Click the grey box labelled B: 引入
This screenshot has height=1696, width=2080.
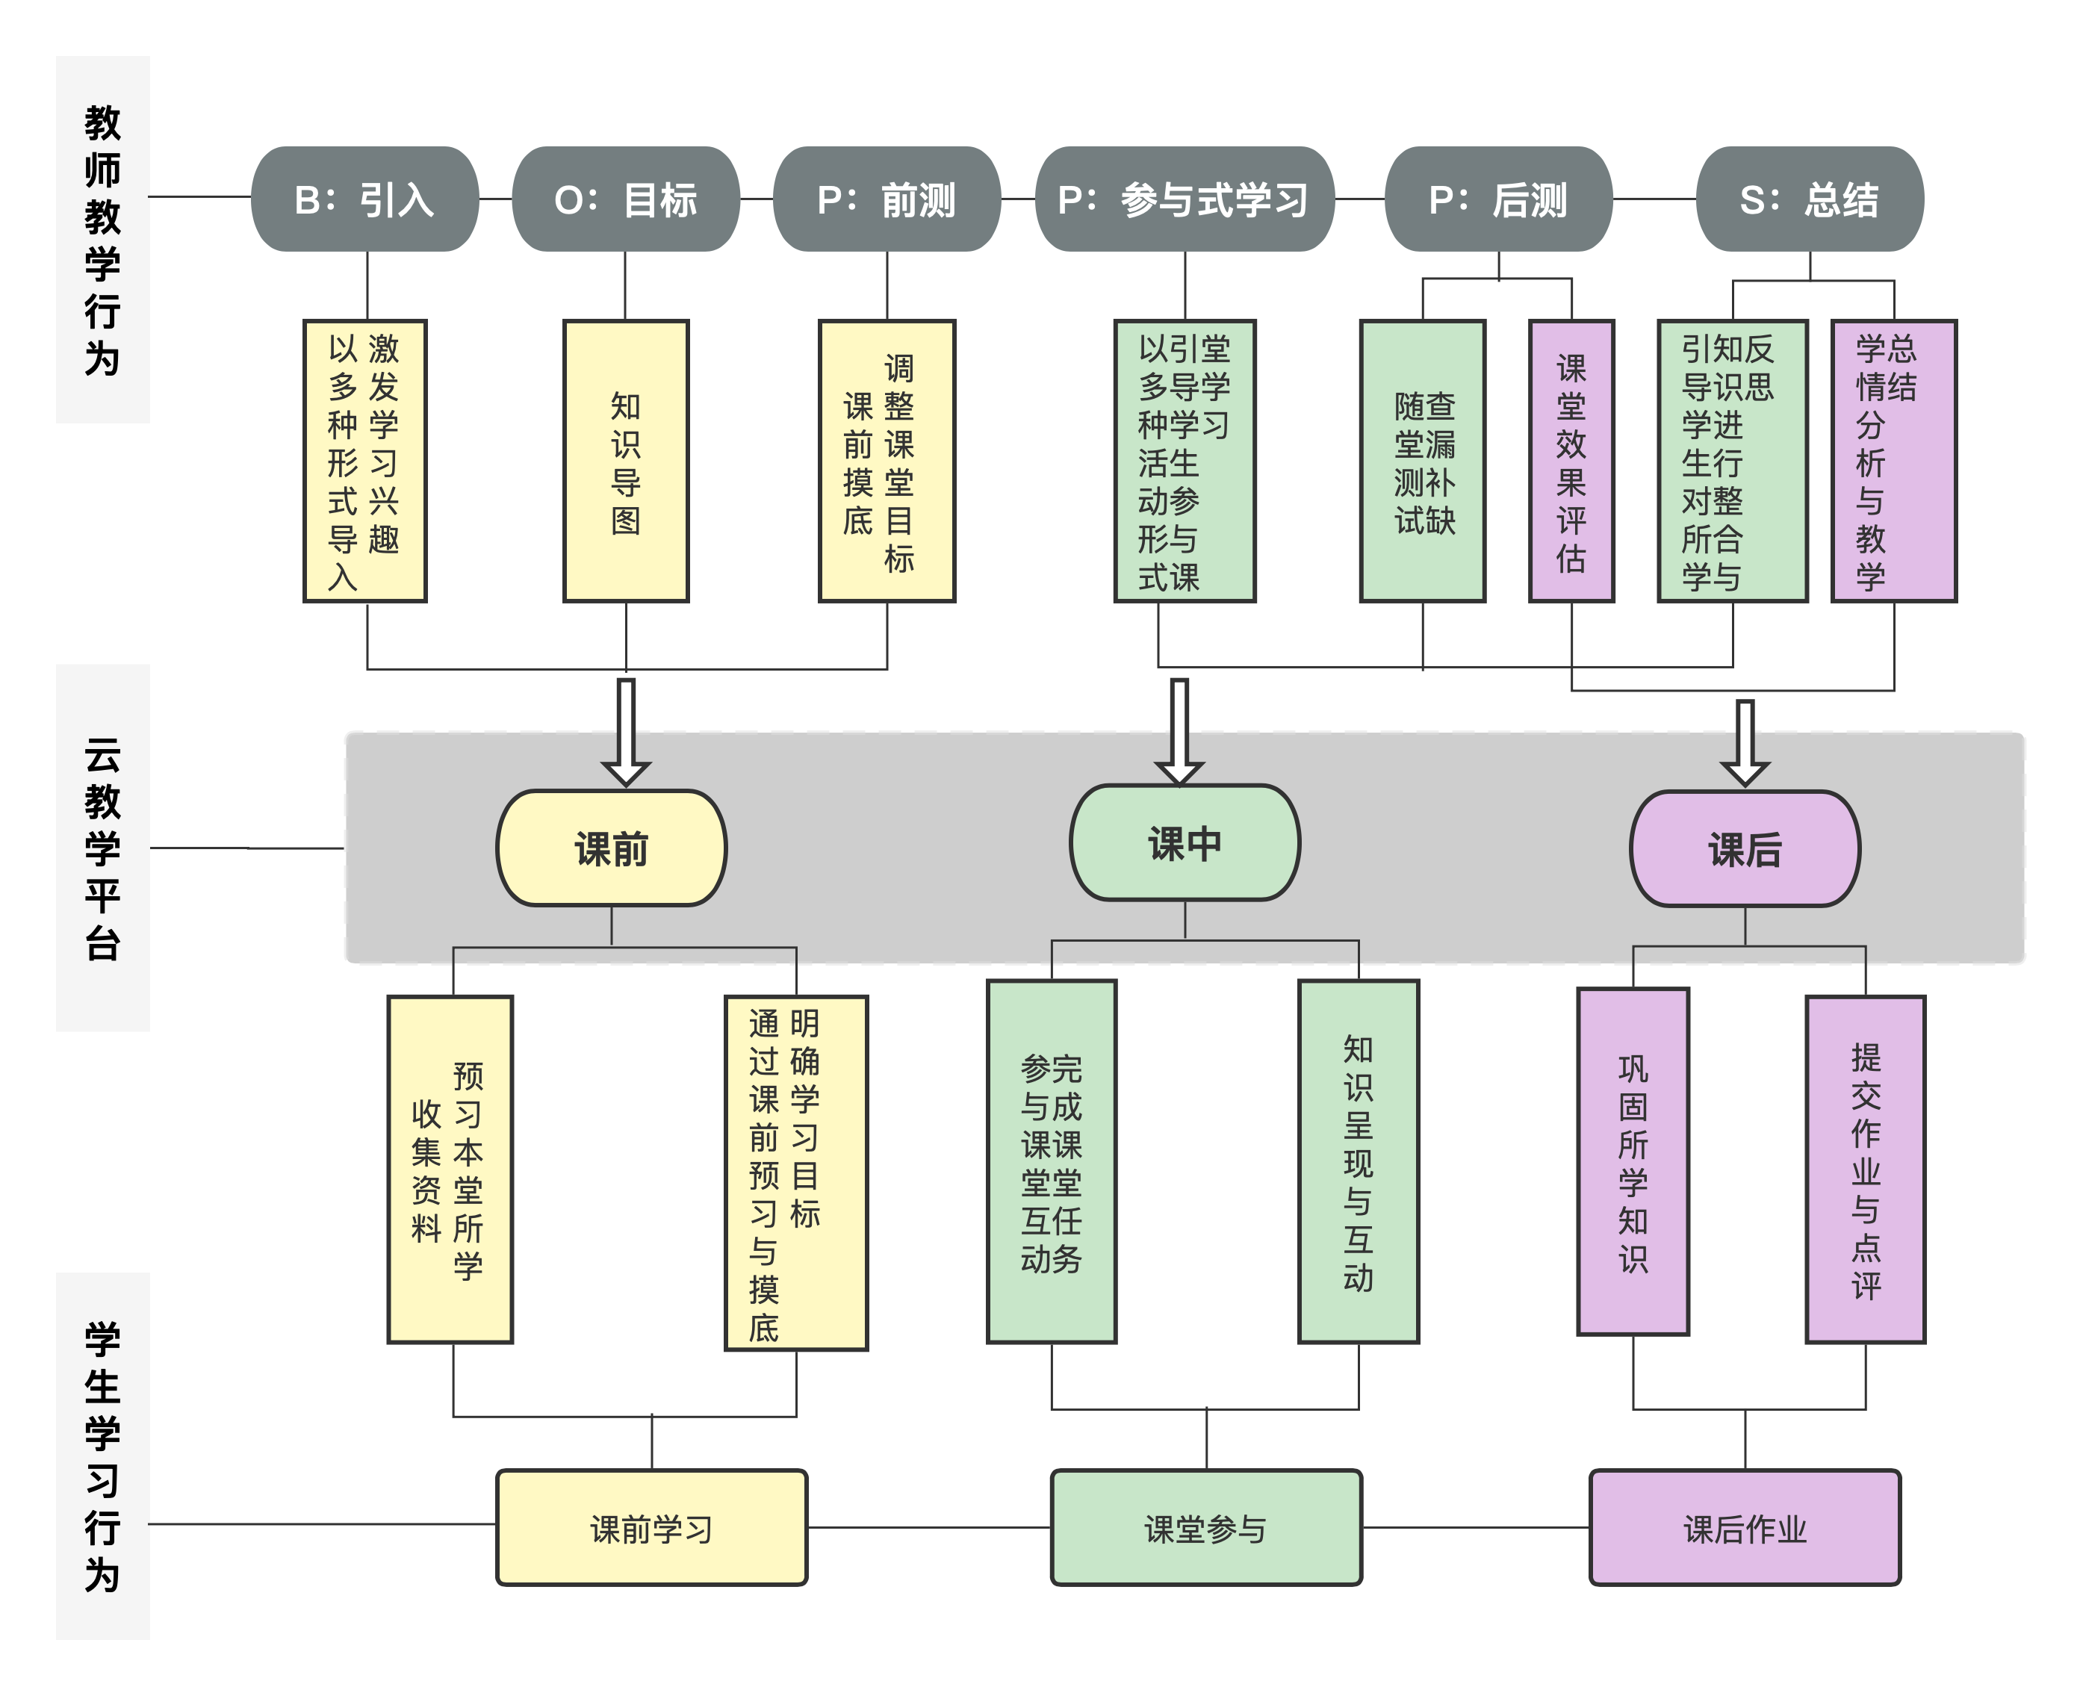[364, 199]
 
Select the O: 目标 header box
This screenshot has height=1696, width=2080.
[625, 199]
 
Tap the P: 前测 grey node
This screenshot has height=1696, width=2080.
[886, 199]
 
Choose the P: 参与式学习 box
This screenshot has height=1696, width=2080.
[1184, 199]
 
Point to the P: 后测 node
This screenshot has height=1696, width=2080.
[1497, 199]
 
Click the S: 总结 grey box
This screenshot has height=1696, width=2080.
[1810, 199]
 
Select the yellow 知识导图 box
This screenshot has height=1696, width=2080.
[625, 461]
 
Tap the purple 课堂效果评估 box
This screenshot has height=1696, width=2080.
[1571, 461]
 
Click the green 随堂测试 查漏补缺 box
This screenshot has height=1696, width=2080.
[1423, 461]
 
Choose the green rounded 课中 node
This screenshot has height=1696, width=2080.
[1184, 842]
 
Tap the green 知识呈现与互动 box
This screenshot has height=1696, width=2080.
[1358, 1161]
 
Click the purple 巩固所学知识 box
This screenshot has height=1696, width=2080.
[1633, 1161]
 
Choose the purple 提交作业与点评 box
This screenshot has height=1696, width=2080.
[1865, 1170]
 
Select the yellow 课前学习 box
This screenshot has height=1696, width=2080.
[652, 1528]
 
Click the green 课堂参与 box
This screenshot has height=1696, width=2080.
[1205, 1528]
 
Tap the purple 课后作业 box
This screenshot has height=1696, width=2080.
[1745, 1528]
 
